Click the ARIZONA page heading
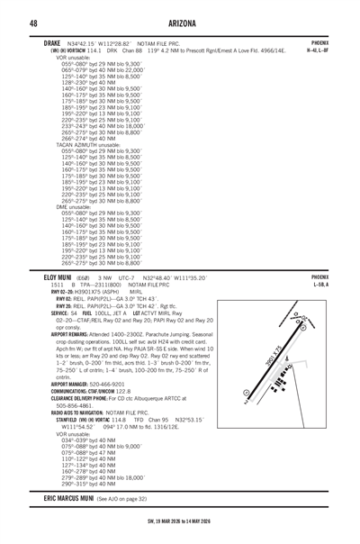179,22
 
